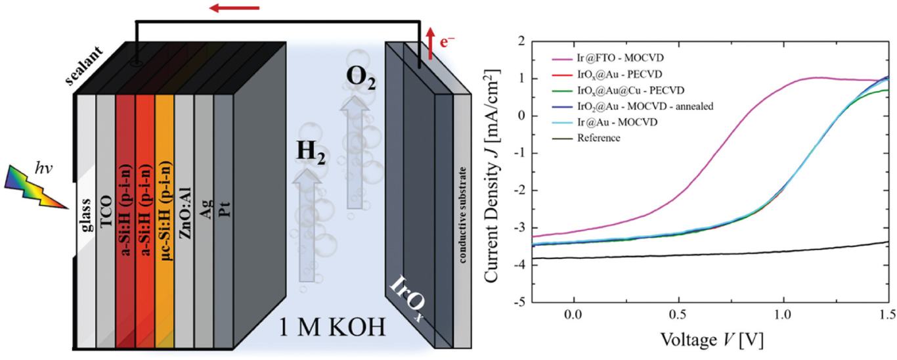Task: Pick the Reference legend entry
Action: [x=600, y=138]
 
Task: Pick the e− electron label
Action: [x=447, y=43]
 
